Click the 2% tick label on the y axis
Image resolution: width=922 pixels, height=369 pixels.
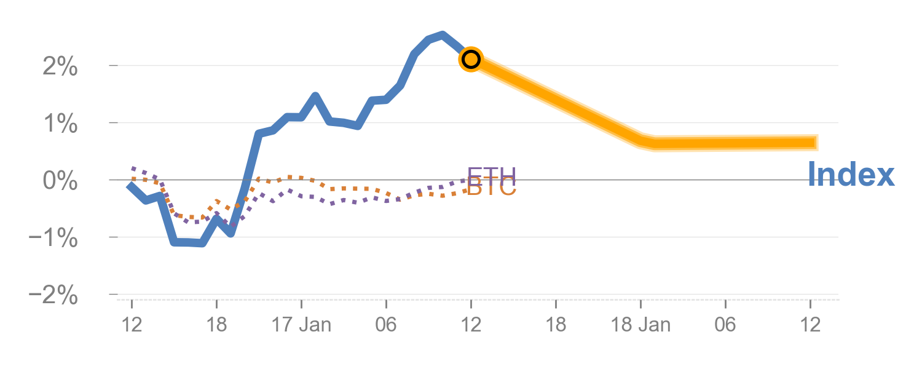[x=60, y=66]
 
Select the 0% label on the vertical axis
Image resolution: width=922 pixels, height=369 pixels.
[x=60, y=181]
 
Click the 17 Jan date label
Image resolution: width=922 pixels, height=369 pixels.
[x=301, y=325]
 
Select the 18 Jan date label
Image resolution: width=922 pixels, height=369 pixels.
[x=640, y=325]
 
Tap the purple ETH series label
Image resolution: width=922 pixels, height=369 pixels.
[x=492, y=173]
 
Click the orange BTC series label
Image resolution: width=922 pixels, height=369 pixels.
[x=492, y=189]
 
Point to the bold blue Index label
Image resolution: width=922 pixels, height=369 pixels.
[x=851, y=175]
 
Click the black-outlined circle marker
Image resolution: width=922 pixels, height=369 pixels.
[x=471, y=59]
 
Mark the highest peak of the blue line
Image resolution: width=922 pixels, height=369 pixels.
[x=442, y=34]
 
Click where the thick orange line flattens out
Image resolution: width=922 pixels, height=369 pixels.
[x=652, y=144]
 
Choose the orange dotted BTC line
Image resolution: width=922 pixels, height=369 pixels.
[x=344, y=188]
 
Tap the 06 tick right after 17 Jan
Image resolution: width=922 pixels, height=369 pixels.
[x=386, y=325]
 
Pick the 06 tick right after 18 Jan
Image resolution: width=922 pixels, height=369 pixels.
[x=725, y=325]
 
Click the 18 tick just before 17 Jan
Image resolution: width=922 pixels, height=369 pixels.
[x=216, y=325]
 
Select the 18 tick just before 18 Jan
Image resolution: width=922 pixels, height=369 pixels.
[x=556, y=325]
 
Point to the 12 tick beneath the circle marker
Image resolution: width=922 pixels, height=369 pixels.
[x=471, y=325]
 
